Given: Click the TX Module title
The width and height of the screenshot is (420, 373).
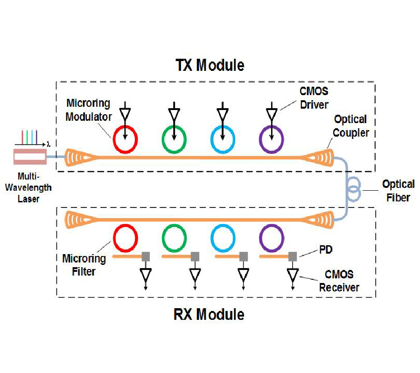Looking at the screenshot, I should click(209, 65).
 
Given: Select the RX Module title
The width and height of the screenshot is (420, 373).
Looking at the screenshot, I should click(209, 314).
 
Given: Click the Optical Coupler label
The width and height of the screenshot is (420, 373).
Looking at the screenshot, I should click(351, 126).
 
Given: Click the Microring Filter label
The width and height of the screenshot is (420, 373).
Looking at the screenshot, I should click(84, 265).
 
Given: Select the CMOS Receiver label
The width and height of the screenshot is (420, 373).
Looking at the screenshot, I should click(339, 281).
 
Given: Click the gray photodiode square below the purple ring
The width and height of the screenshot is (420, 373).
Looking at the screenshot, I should click(293, 256).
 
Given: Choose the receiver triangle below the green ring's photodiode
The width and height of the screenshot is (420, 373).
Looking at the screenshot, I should click(195, 275).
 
